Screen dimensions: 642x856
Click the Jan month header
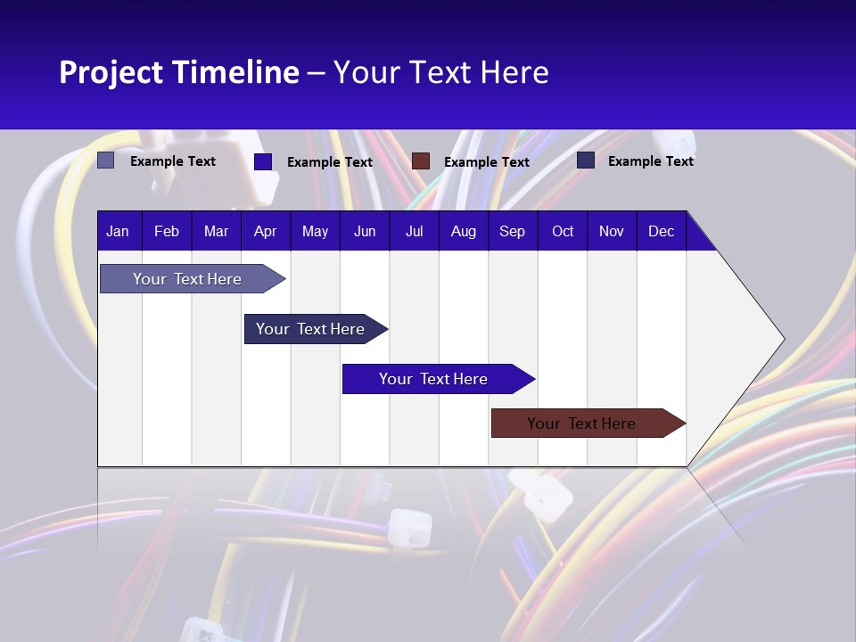pyautogui.click(x=118, y=231)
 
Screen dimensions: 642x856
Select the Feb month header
pyautogui.click(x=167, y=231)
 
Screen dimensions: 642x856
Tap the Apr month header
pyautogui.click(x=265, y=231)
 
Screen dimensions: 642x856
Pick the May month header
pyautogui.click(x=315, y=231)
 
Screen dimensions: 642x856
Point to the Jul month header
pyautogui.click(x=414, y=231)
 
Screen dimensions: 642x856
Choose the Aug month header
pyautogui.click(x=463, y=231)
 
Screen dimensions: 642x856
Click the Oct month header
pyautogui.click(x=563, y=231)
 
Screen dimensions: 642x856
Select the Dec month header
pyautogui.click(x=661, y=231)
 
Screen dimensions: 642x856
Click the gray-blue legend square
pyautogui.click(x=106, y=160)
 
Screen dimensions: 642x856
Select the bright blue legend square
pyautogui.click(x=262, y=161)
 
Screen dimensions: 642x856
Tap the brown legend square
pyautogui.click(x=421, y=160)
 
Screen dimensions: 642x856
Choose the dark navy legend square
pyautogui.click(x=586, y=160)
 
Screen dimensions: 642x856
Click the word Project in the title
pyautogui.click(x=111, y=72)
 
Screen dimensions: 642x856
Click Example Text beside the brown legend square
pyautogui.click(x=486, y=161)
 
